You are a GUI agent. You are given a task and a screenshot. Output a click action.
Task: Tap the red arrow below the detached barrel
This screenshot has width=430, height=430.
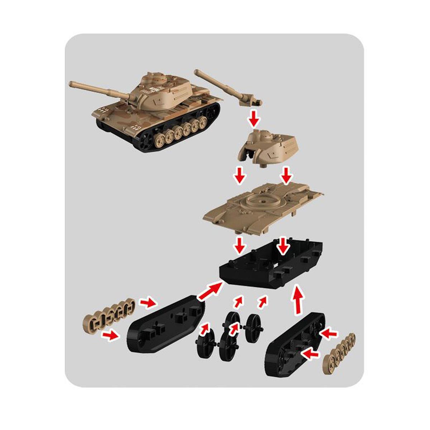point(254,118)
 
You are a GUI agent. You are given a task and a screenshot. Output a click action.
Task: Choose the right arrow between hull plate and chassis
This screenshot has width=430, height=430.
point(284,245)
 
